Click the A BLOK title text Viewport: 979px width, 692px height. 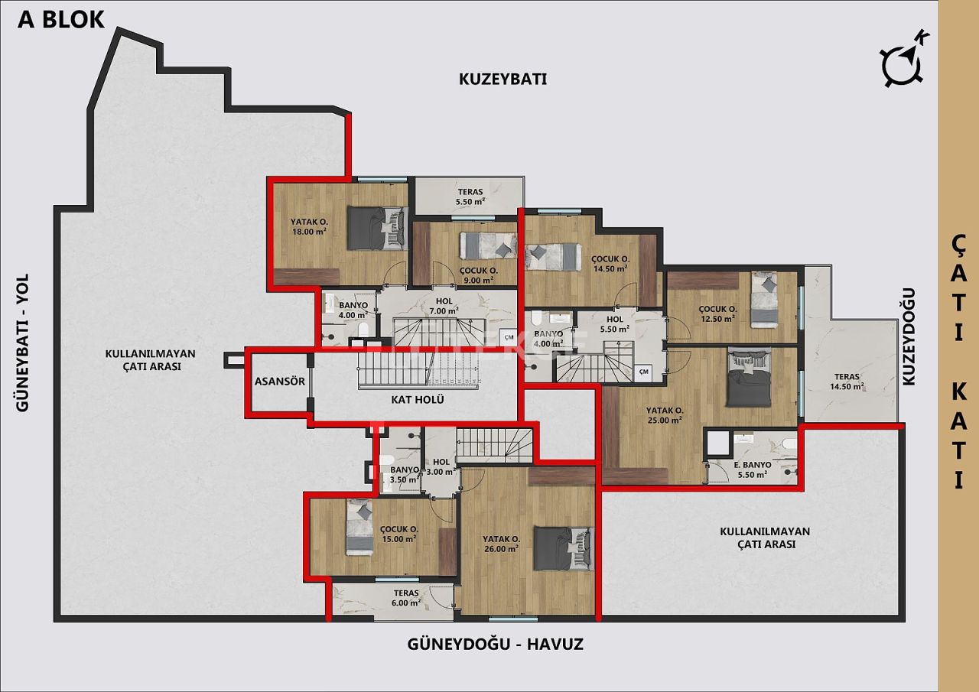[61, 19]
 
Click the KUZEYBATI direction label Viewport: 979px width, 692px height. [503, 79]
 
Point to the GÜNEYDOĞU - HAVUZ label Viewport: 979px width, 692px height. [496, 645]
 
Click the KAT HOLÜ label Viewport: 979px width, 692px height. [418, 399]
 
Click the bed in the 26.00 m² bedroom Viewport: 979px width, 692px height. [562, 547]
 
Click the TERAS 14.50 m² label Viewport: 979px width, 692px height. [847, 382]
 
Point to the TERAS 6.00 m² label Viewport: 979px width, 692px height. [406, 597]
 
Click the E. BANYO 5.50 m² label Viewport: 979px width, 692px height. [752, 469]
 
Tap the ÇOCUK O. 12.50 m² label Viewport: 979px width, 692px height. [717, 314]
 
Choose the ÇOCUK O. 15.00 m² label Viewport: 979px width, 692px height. [398, 533]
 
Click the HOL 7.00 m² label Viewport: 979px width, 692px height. [443, 306]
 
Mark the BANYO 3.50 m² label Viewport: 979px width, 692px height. [404, 475]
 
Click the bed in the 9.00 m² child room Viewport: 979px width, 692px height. [487, 245]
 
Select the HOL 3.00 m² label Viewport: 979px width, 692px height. [442, 466]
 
